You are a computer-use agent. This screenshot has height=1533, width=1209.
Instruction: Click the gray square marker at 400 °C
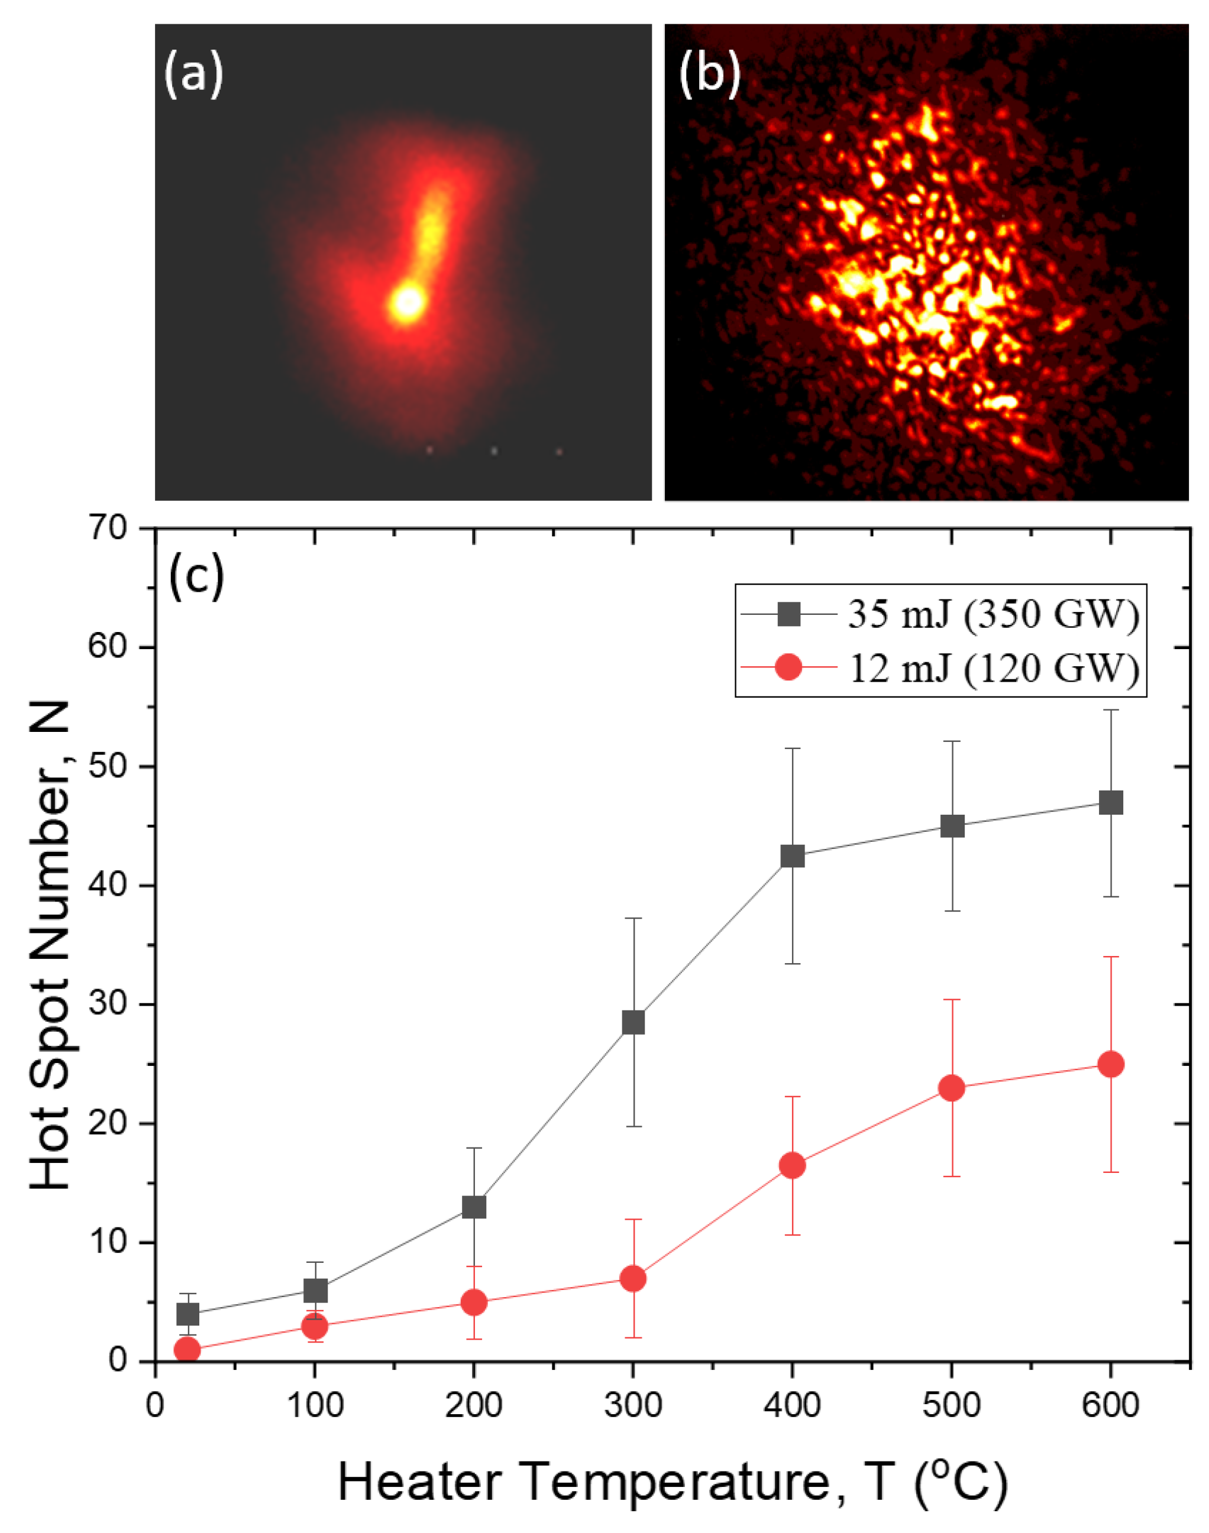coord(792,856)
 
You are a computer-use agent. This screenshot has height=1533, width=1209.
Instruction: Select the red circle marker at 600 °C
coord(1111,1064)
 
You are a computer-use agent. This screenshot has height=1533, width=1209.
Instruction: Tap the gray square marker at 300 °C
coord(633,1022)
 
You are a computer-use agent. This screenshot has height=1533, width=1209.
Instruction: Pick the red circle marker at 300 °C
coord(633,1278)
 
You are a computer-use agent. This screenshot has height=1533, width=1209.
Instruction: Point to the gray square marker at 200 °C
coord(474,1207)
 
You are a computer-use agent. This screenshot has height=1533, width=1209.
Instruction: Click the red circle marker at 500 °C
coord(952,1087)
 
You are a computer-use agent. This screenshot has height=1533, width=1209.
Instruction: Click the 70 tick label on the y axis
coord(107,529)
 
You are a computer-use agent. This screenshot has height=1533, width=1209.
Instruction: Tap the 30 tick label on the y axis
coord(107,1004)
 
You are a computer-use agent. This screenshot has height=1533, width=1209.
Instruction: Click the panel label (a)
coord(193,74)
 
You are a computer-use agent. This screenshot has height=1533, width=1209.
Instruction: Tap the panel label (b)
coord(709,74)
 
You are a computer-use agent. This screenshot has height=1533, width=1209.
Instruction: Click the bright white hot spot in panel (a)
coord(407,303)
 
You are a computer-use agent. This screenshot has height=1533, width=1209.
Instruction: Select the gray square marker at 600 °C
coord(1111,803)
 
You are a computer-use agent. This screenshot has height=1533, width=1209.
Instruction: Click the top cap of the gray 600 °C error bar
coord(1111,709)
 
